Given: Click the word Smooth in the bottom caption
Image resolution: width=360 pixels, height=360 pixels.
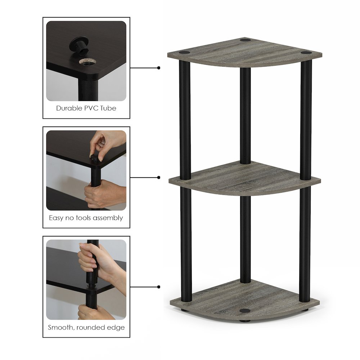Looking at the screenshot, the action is point(61,327).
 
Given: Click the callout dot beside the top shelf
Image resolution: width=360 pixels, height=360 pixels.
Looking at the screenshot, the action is point(159,68).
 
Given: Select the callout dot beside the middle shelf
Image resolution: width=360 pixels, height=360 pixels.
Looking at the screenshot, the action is point(159,177).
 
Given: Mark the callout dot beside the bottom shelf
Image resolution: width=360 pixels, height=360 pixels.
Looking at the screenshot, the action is point(159,287).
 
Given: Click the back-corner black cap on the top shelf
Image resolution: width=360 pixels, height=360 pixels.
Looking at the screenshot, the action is point(246,40).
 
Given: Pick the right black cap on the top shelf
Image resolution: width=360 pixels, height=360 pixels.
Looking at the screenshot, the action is point(305,53).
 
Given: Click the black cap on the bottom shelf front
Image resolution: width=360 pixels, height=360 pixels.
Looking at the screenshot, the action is point(244,311).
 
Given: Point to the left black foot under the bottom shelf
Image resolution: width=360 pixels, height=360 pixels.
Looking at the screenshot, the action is point(184,310).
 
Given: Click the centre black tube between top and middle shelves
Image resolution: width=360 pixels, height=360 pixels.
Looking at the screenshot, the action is point(245,116).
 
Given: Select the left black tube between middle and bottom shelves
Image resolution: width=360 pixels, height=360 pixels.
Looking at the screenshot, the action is point(186,244).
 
